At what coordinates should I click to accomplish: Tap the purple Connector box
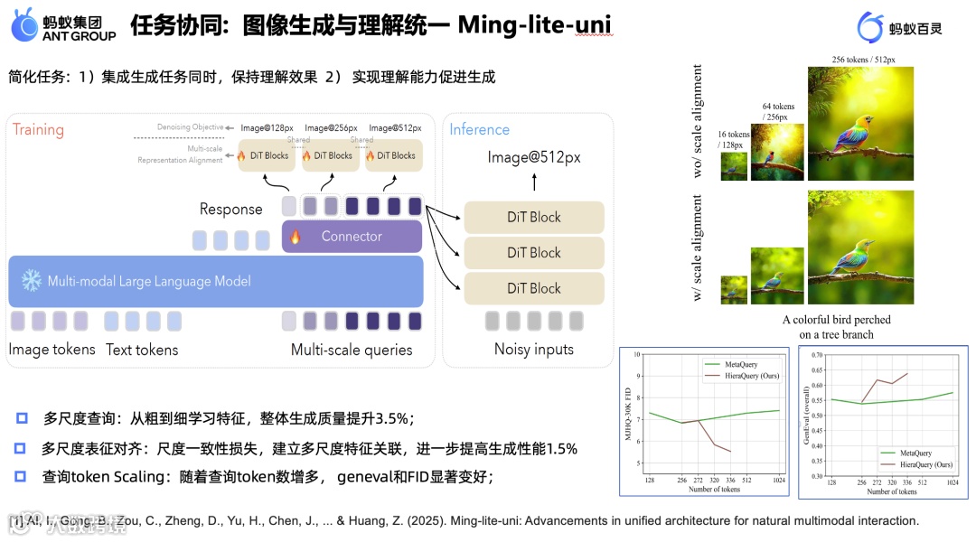352,237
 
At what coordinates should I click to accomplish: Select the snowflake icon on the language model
31,281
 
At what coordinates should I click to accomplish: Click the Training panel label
38,129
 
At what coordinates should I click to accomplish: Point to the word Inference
479,129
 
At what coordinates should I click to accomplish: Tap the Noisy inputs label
533,350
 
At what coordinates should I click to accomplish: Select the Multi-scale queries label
352,350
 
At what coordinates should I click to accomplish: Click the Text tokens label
142,350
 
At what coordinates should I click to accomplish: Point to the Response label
230,209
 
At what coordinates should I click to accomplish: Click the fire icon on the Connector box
295,237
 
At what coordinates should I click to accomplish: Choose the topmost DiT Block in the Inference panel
533,217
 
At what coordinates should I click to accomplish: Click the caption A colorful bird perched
837,320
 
